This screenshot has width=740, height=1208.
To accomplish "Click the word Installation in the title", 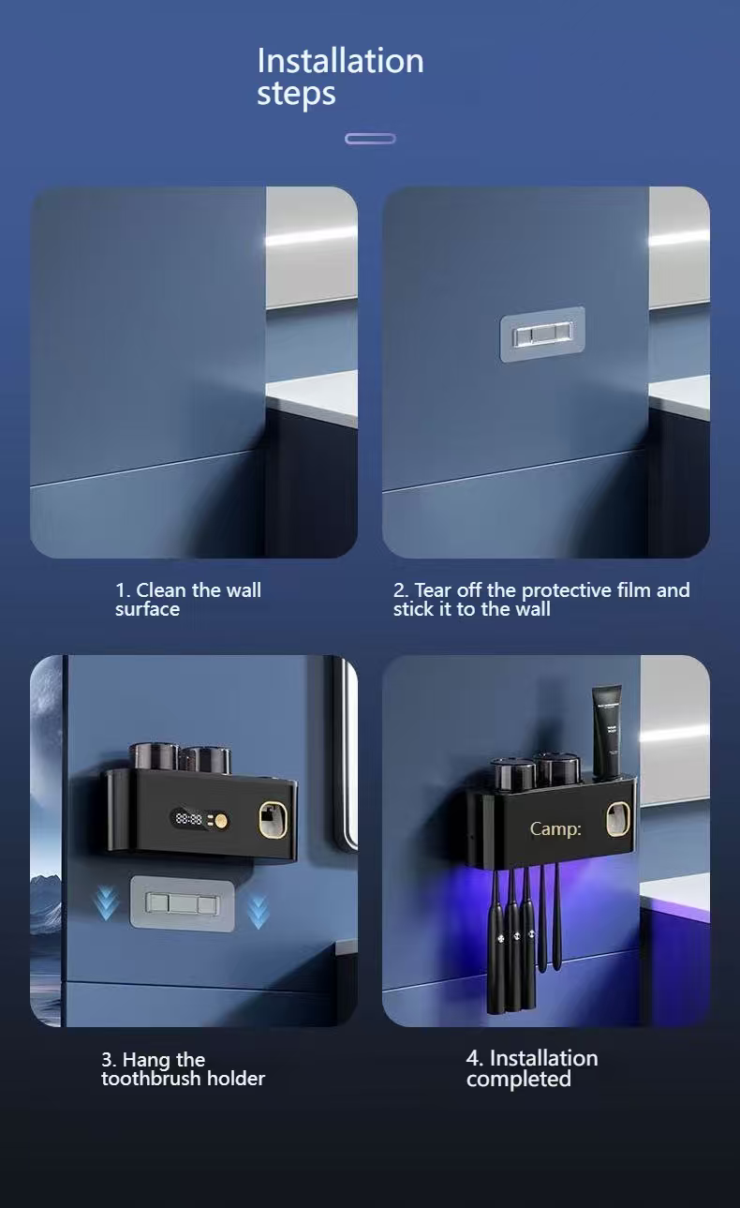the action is (340, 60).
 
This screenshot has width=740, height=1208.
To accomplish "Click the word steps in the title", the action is (296, 94).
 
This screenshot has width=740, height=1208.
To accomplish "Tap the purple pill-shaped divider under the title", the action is (370, 139).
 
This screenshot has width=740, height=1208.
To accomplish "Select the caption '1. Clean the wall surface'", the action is (188, 599).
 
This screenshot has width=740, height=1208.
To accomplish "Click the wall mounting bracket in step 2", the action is (542, 335).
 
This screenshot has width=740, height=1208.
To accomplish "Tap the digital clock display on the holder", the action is (188, 819).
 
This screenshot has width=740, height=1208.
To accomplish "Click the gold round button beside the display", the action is (221, 821).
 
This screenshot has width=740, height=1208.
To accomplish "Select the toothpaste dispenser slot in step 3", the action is (273, 820).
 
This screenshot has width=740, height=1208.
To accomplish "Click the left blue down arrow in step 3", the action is (106, 903).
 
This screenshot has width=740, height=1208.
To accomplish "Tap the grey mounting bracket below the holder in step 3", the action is (182, 903).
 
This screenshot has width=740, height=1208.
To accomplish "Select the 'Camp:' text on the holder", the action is (555, 828).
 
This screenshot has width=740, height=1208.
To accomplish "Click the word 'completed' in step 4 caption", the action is (519, 1079).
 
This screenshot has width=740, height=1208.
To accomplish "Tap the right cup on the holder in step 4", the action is (557, 770).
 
